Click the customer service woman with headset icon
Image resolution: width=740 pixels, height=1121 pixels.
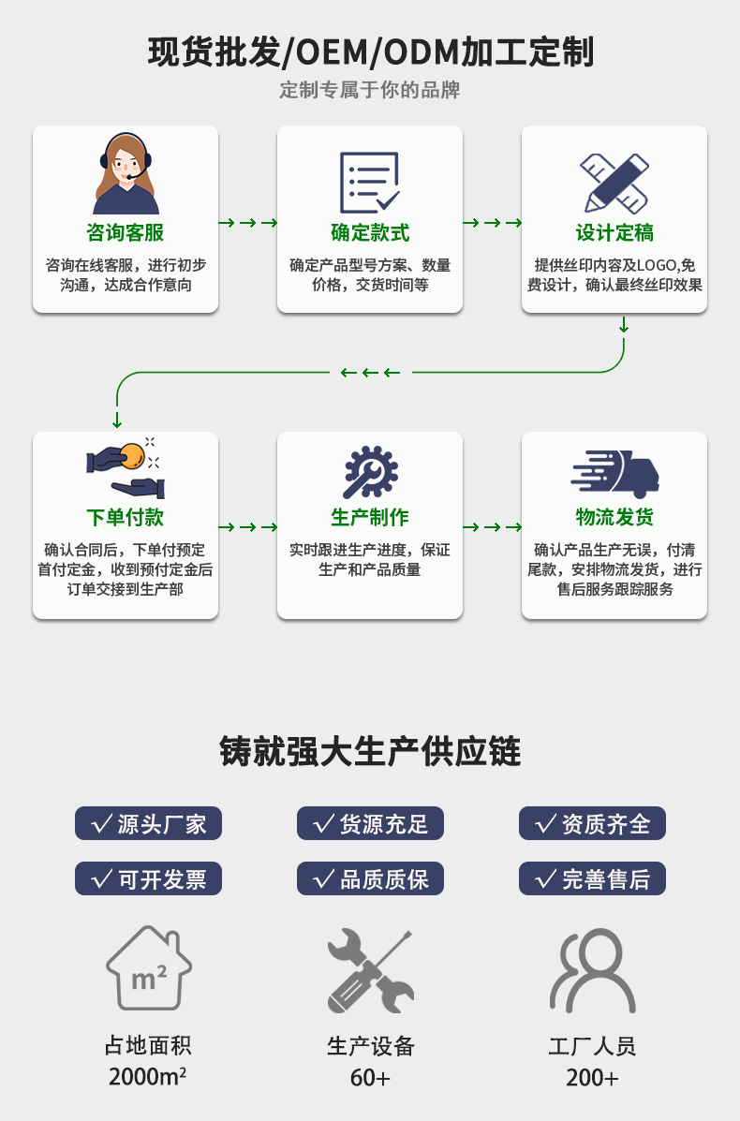click(x=126, y=174)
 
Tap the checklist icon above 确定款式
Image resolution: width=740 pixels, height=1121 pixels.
click(x=369, y=182)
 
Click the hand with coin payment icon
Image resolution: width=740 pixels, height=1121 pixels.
click(x=126, y=467)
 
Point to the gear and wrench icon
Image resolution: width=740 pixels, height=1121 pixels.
click(x=370, y=472)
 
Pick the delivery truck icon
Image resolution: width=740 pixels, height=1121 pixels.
click(x=614, y=473)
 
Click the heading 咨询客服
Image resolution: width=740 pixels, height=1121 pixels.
click(x=126, y=233)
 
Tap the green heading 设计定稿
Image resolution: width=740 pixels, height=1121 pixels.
click(x=614, y=233)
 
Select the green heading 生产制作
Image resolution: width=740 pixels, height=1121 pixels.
click(x=370, y=517)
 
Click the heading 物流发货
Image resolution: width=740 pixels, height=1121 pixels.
click(x=614, y=517)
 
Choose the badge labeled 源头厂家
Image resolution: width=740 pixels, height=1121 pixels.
click(x=148, y=824)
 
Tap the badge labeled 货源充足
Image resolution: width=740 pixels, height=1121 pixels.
click(x=370, y=824)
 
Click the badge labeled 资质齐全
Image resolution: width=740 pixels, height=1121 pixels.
click(x=592, y=824)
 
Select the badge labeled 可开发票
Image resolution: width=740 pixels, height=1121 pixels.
click(x=148, y=878)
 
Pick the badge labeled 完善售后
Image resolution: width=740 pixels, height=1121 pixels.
click(x=592, y=878)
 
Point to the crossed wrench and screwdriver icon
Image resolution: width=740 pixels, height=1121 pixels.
click(x=370, y=969)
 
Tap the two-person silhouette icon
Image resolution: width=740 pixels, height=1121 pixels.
click(x=592, y=969)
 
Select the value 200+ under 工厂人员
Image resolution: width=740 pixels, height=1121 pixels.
click(x=592, y=1078)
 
